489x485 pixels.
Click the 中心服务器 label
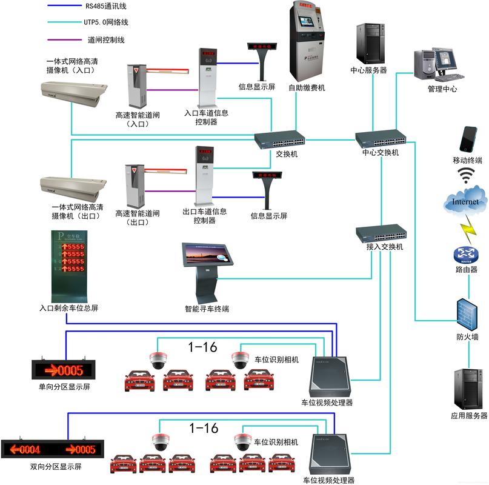click(x=368, y=70)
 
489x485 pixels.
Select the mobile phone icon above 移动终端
click(x=468, y=139)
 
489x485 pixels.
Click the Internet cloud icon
click(x=465, y=202)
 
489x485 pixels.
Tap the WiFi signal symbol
click(x=466, y=176)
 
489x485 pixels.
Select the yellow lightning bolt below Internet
click(x=468, y=230)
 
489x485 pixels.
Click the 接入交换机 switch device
click(x=381, y=233)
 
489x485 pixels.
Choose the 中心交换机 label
click(x=381, y=153)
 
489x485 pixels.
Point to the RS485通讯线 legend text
click(x=107, y=7)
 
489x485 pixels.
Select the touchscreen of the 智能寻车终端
click(x=207, y=255)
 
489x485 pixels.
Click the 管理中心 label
click(x=442, y=89)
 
